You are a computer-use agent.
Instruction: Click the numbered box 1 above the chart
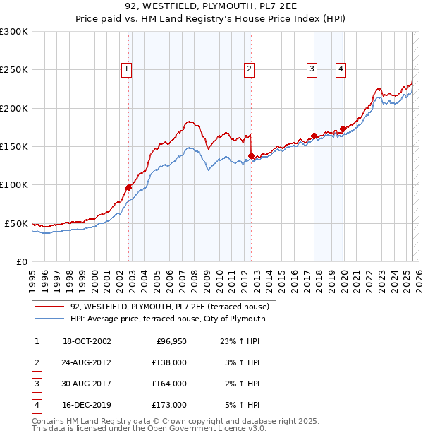point(125,69)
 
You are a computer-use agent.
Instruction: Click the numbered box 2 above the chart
point(250,69)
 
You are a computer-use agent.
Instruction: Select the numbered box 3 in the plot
point(312,69)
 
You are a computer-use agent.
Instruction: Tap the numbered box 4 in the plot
point(341,69)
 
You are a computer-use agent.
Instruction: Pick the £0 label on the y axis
point(21,261)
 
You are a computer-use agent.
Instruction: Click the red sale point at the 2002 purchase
point(129,187)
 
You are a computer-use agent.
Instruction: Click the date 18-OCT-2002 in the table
point(87,341)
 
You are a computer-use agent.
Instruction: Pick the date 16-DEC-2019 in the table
point(87,405)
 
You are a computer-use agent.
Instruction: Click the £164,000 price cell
point(170,384)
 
